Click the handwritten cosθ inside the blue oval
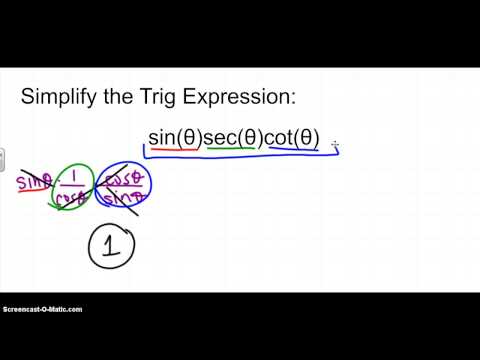[x=129, y=173]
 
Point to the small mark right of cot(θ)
[x=335, y=146]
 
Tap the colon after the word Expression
[x=297, y=100]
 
